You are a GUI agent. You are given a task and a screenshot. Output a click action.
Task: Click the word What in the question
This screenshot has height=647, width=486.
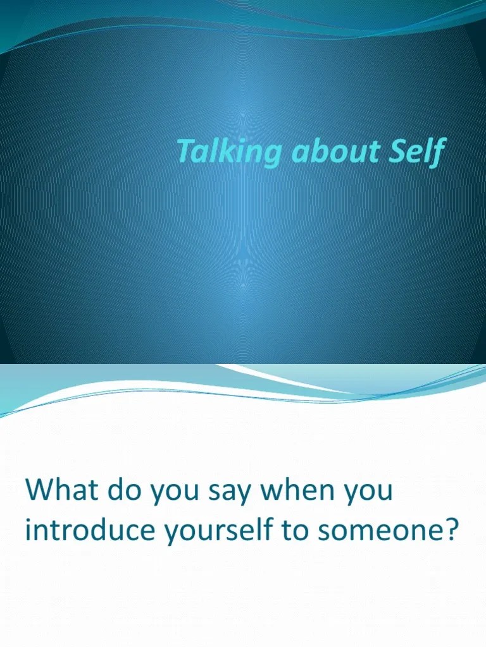click(x=62, y=492)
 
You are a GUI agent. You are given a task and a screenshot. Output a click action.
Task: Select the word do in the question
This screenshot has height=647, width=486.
click(x=127, y=492)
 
